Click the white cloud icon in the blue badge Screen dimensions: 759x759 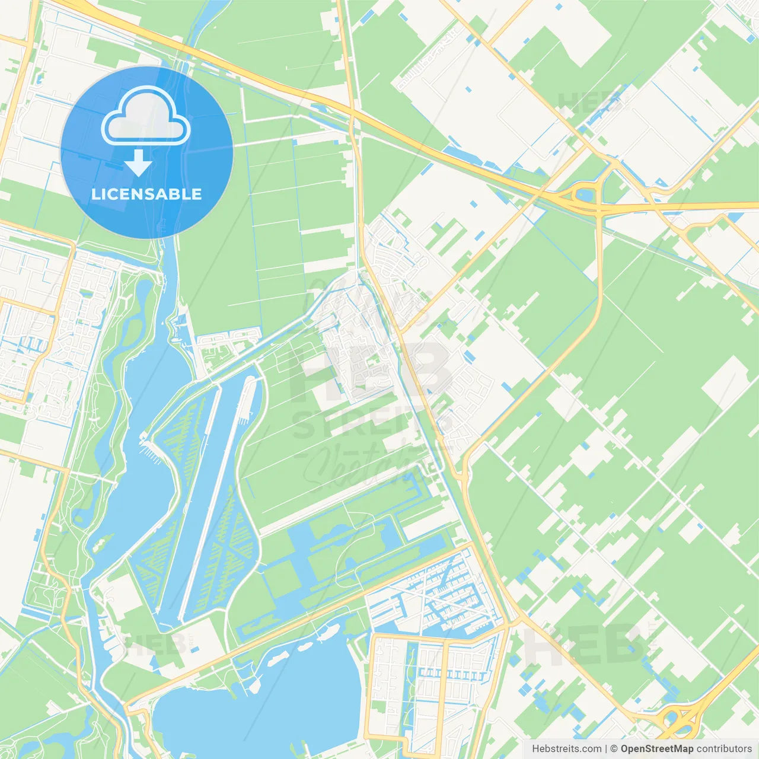coord(146,116)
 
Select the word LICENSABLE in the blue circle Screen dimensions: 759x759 coord(146,194)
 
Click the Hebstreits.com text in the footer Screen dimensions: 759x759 coord(566,749)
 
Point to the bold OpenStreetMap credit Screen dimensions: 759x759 coord(656,749)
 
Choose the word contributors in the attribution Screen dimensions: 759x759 coord(724,749)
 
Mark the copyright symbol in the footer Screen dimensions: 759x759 coord(614,749)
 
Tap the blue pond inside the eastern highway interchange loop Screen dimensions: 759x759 coord(584,194)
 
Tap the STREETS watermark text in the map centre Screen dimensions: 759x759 coord(362,424)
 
